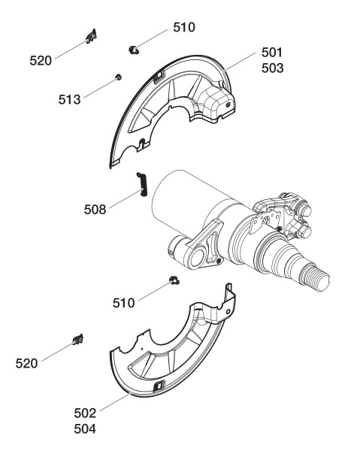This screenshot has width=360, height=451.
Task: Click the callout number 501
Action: click(x=272, y=53)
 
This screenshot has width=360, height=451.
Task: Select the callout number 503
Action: click(x=272, y=68)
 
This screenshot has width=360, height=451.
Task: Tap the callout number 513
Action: click(x=69, y=99)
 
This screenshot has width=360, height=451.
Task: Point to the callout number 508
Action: click(x=95, y=210)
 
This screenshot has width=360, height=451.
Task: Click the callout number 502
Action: click(x=85, y=413)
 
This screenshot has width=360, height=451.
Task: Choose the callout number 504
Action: click(x=85, y=429)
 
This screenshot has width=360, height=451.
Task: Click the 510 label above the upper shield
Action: click(x=184, y=27)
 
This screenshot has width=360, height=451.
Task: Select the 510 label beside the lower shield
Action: click(x=124, y=303)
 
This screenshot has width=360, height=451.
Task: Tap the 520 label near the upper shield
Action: click(x=41, y=61)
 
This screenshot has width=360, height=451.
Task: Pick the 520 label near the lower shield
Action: click(x=26, y=364)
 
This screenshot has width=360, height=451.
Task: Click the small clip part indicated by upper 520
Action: click(x=92, y=36)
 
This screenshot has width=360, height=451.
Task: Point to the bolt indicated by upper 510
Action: click(x=134, y=50)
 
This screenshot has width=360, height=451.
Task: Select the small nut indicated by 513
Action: click(x=118, y=77)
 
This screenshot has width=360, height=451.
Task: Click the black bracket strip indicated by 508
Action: click(x=142, y=185)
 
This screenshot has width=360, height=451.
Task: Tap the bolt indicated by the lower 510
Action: click(x=174, y=280)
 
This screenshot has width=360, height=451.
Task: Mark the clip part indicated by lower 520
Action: click(x=78, y=340)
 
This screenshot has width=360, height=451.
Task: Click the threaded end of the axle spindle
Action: click(x=315, y=277)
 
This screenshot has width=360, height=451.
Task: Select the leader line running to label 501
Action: click(x=240, y=62)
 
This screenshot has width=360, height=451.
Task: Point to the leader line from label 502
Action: click(x=115, y=402)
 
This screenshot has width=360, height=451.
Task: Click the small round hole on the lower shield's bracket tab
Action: click(x=228, y=311)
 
